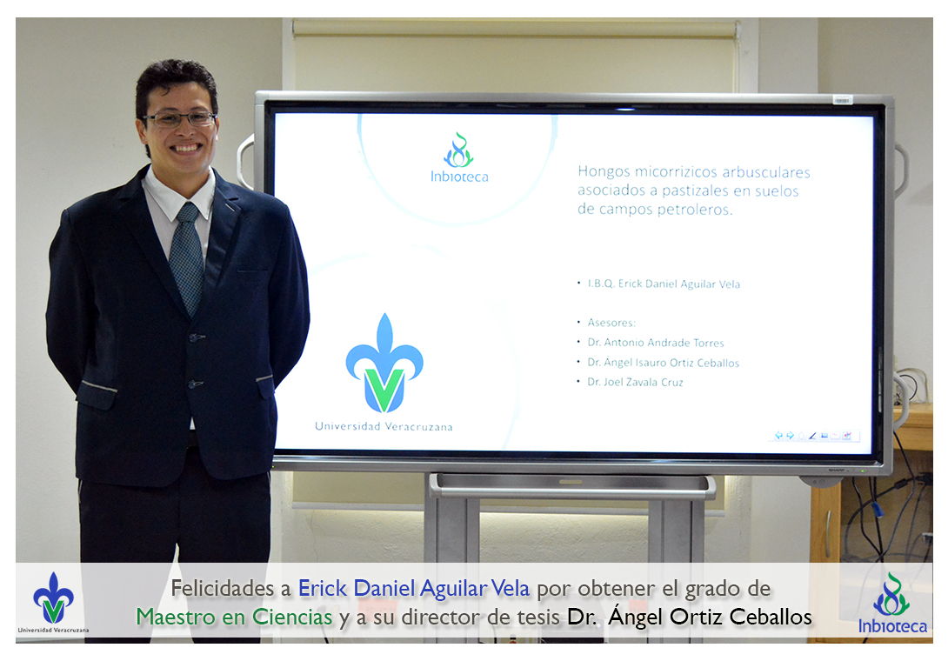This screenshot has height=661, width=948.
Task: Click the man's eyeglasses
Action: [x=179, y=118]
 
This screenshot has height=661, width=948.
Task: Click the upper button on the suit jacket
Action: [x=196, y=337]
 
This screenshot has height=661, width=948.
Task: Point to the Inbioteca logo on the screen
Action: [x=459, y=157]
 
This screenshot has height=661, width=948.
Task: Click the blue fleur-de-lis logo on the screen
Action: [x=384, y=363]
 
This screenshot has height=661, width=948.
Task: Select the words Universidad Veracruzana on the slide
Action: [x=384, y=426]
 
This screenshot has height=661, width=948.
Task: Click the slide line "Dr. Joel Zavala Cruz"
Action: [x=635, y=382]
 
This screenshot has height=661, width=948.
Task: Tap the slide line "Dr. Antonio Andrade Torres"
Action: [x=656, y=343]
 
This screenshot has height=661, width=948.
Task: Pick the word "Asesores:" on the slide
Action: [x=611, y=323]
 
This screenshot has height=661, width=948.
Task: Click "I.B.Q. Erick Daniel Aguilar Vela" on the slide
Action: [x=664, y=284]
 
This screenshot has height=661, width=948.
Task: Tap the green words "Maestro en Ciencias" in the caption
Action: [x=234, y=617]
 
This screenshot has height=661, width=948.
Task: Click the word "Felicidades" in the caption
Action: [x=222, y=588]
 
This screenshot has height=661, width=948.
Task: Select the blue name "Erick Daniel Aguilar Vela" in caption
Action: [x=413, y=588]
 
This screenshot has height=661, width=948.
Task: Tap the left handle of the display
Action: [x=245, y=161]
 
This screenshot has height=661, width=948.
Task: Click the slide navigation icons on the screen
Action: [x=813, y=436]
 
